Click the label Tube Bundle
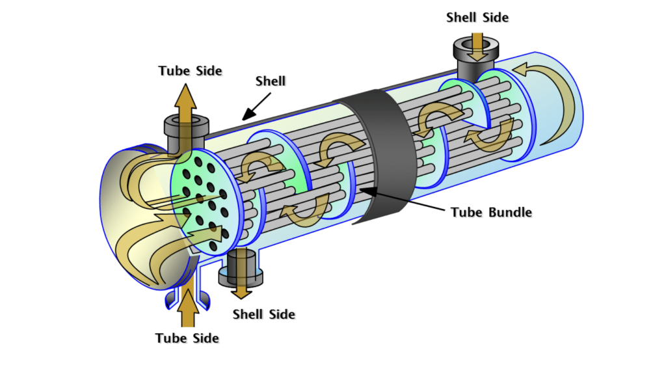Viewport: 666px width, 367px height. tap(491, 212)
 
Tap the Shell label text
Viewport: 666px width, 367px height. tap(271, 81)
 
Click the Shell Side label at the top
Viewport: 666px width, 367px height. tap(477, 18)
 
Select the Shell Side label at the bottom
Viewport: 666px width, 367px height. tap(264, 314)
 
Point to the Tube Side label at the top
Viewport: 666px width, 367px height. tap(190, 70)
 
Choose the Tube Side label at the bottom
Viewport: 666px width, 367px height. tap(187, 338)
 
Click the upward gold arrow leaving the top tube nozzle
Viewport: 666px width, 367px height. tap(186, 104)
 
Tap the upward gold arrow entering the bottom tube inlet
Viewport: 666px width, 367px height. tap(187, 309)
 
